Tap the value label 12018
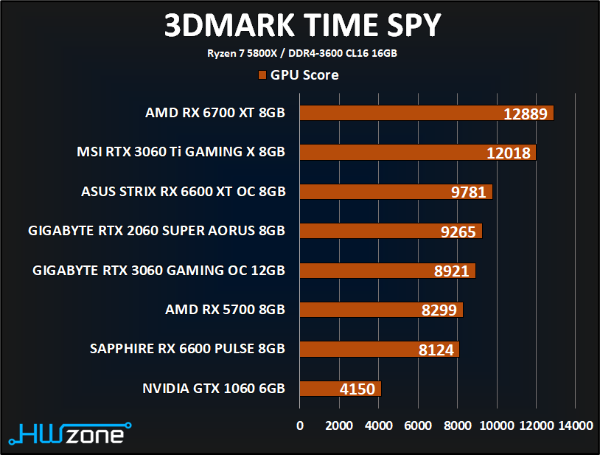point(509,153)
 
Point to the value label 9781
point(468,192)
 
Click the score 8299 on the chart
point(439,310)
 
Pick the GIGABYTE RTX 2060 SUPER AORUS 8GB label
point(156,231)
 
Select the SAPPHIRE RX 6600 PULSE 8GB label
point(187,349)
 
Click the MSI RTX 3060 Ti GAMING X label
point(181,152)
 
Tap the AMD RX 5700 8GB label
point(225,310)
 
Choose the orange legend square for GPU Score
point(262,74)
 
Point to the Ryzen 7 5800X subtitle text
point(301,53)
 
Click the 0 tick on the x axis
point(299,426)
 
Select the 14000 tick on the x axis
point(575,426)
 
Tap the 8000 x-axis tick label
point(457,426)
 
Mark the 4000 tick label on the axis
point(378,426)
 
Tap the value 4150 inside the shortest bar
point(357,389)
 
